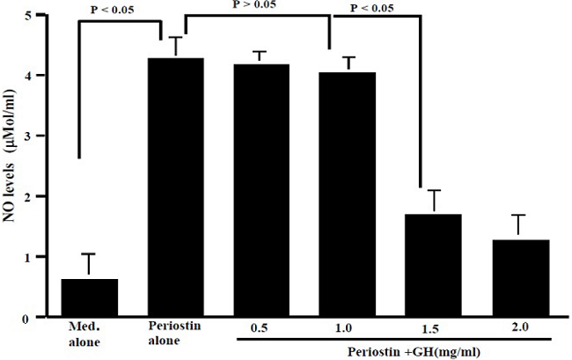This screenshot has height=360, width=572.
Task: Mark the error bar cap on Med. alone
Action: pos(89,254)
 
